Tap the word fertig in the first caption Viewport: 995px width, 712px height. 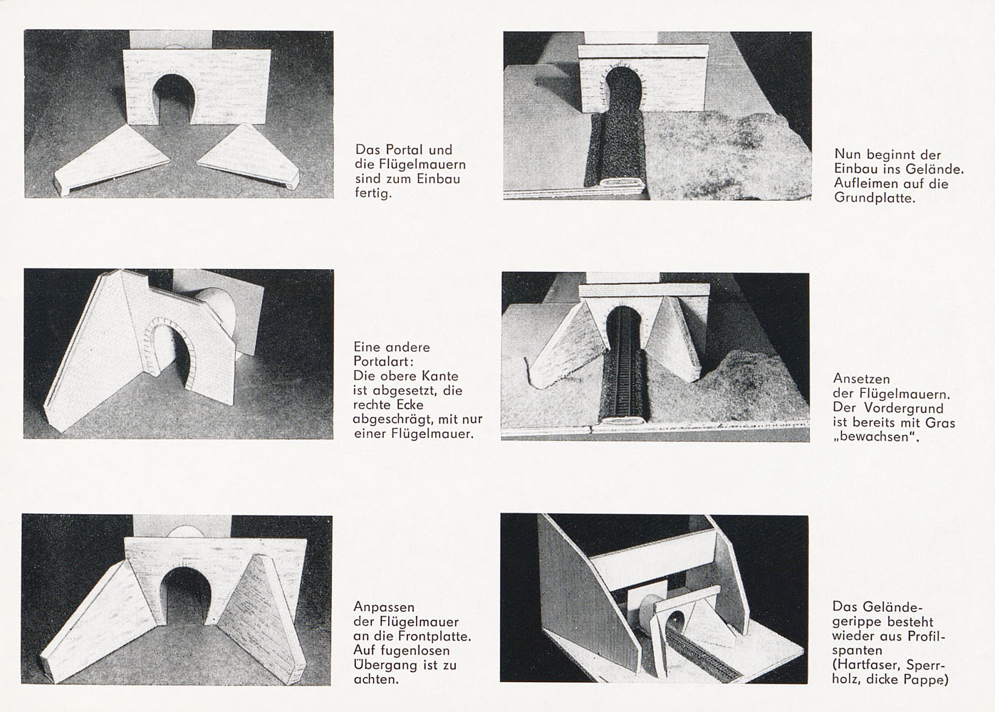tap(373, 194)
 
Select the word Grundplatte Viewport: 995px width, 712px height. tap(875, 198)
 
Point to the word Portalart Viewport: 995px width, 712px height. tap(383, 361)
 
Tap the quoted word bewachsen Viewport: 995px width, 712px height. tap(875, 436)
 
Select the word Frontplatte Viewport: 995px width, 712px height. tap(434, 636)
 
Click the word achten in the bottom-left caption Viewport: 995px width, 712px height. tap(375, 679)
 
